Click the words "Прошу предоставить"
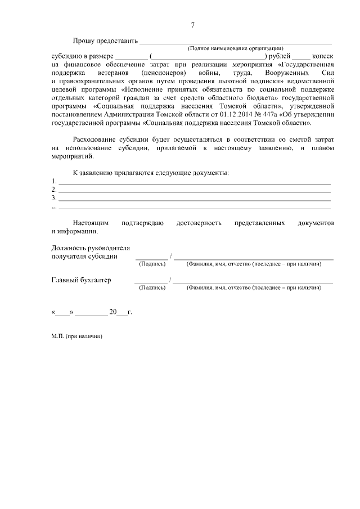coord(105,41)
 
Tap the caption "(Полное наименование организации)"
coord(235,49)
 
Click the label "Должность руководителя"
coord(91,248)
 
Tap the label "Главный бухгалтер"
coord(81,280)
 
